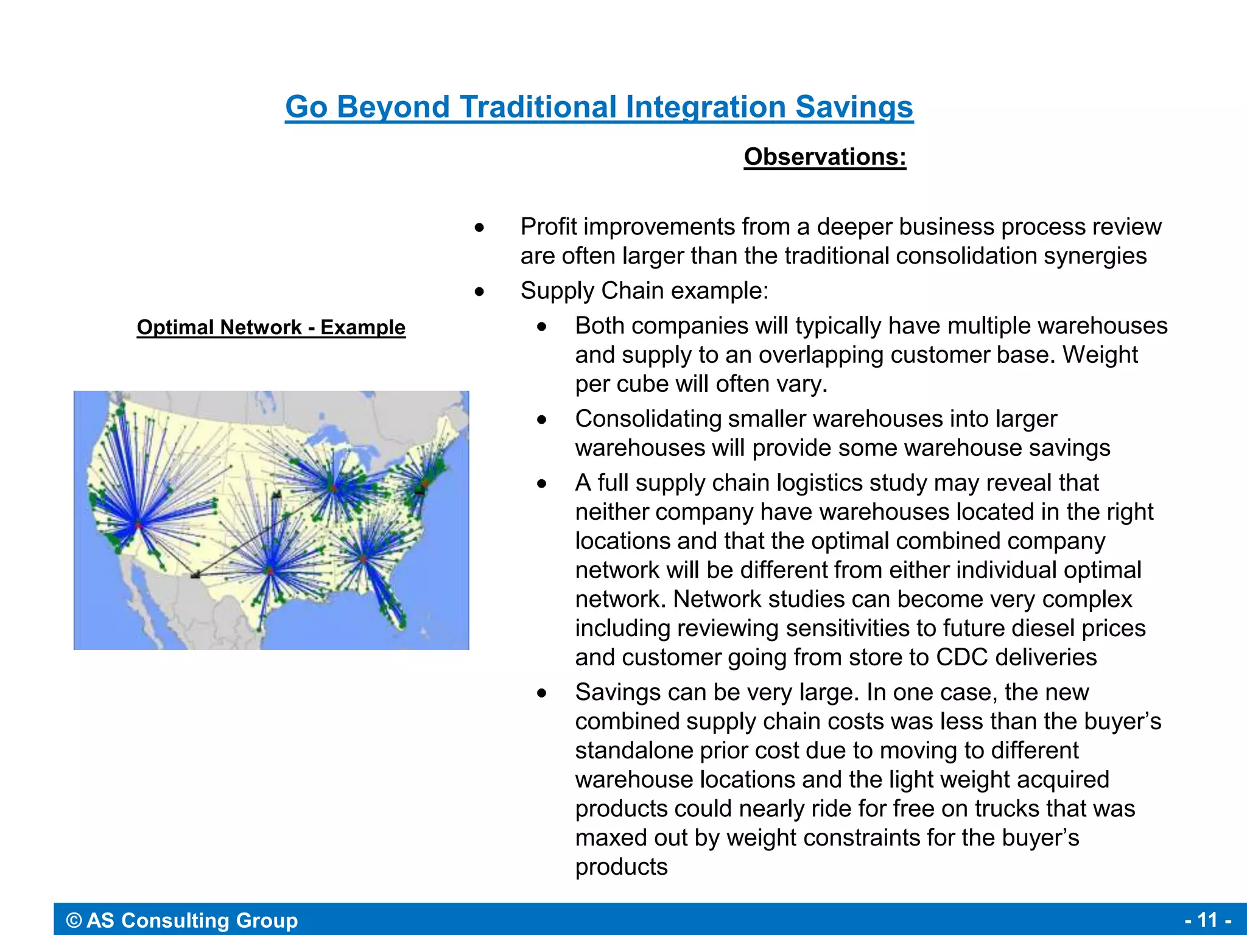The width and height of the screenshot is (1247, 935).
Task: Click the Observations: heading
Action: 825,157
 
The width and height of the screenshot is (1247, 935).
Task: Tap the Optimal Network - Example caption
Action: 271,327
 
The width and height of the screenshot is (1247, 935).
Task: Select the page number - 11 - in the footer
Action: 1208,919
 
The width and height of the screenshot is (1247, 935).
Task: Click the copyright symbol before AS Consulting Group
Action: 74,920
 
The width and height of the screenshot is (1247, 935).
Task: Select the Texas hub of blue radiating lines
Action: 270,570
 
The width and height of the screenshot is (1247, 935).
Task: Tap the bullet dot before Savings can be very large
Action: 541,693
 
